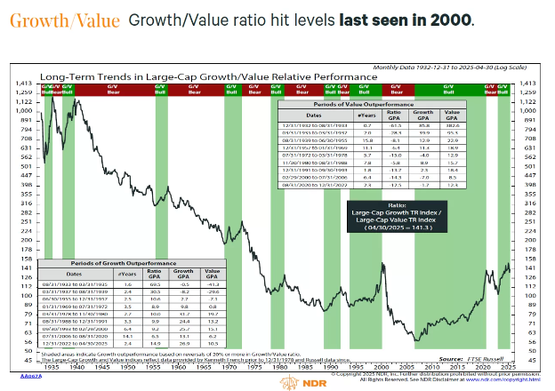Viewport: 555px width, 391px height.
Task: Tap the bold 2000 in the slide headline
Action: (x=450, y=20)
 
